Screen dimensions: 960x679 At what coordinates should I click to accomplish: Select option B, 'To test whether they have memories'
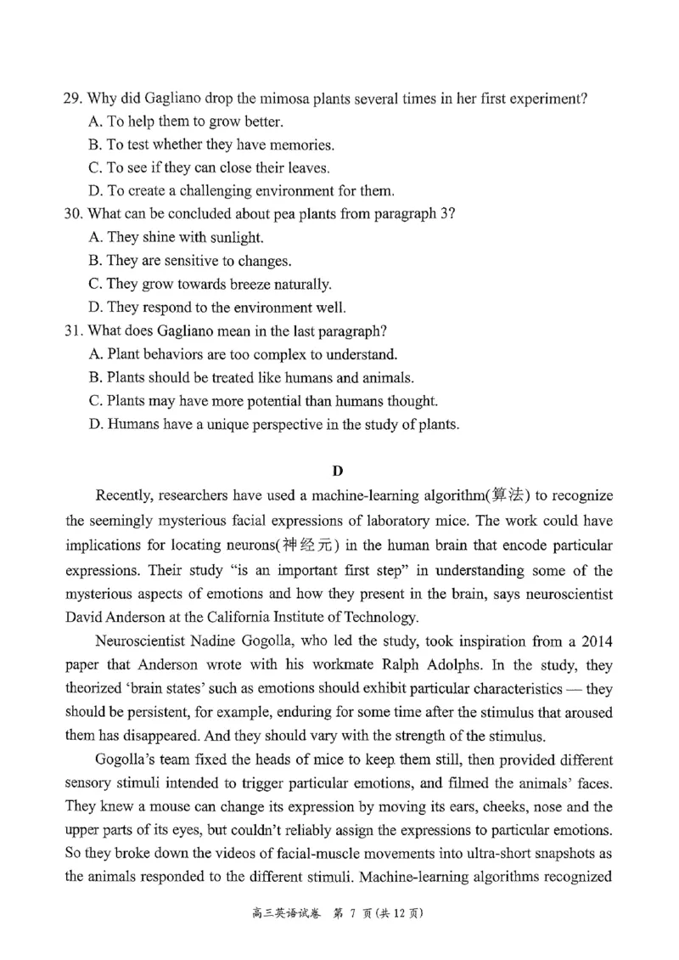tap(211, 144)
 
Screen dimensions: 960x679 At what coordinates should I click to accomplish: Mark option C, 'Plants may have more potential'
tap(262, 400)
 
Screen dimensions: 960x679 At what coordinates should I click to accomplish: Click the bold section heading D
tap(338, 470)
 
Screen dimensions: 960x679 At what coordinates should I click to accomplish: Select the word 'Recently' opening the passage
tap(126, 496)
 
